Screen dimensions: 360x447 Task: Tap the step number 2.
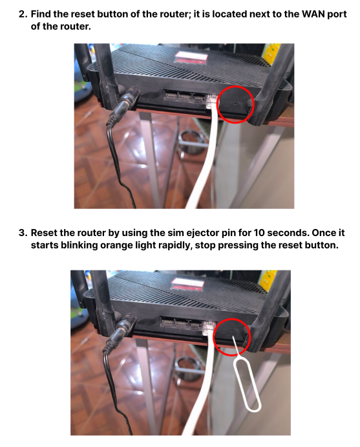point(23,14)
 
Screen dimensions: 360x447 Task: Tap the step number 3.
point(23,233)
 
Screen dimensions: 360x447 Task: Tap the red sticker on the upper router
point(191,58)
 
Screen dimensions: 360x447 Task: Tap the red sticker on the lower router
point(187,284)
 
